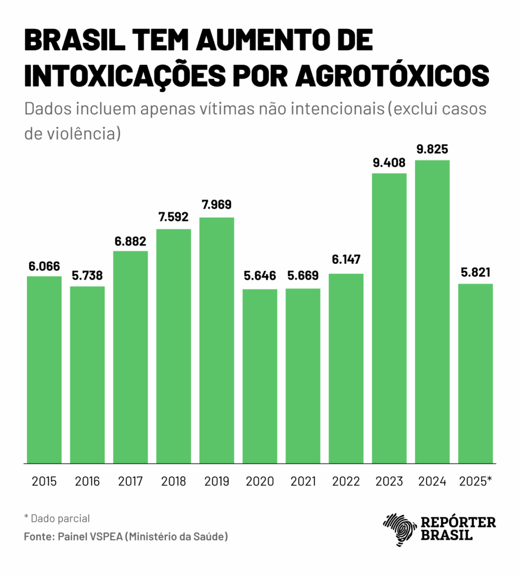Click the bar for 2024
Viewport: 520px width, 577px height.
tap(433, 312)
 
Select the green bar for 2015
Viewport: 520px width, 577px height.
tap(44, 370)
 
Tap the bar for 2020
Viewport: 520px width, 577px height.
tap(260, 376)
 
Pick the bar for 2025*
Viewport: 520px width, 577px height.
tap(475, 373)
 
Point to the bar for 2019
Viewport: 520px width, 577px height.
tap(217, 340)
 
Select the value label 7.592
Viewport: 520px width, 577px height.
tap(174, 217)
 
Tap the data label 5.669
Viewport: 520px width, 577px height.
tap(303, 276)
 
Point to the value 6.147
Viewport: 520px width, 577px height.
tap(346, 260)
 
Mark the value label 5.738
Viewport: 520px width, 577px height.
tap(87, 277)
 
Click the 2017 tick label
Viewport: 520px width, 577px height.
tap(130, 481)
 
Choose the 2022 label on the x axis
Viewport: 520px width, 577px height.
tap(346, 481)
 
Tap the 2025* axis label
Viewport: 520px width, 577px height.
tap(475, 481)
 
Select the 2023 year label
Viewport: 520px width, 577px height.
tap(389, 481)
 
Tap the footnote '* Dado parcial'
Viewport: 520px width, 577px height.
tap(57, 518)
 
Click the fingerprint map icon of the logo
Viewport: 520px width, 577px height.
tap(399, 529)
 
